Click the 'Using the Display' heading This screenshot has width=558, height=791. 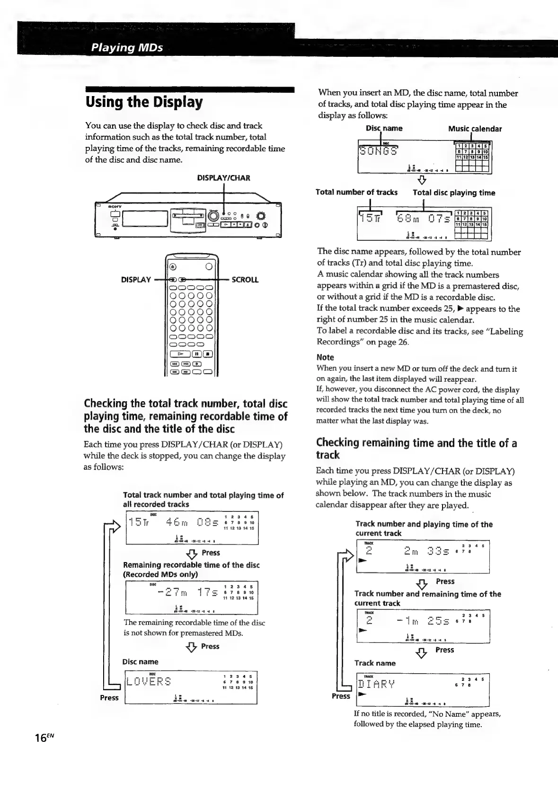click(x=144, y=102)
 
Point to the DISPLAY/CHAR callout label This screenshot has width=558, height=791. click(x=223, y=178)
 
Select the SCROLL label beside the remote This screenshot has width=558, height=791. click(x=245, y=280)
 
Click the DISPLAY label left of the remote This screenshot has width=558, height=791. click(x=136, y=280)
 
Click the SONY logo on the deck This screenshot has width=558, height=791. click(x=115, y=207)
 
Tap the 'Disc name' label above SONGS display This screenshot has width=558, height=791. click(x=384, y=128)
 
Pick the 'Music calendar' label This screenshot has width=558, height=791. click(x=475, y=129)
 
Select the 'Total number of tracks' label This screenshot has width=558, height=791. click(x=356, y=193)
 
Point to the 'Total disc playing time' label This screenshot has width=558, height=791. click(x=454, y=193)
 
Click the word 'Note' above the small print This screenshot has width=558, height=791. click(x=325, y=357)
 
